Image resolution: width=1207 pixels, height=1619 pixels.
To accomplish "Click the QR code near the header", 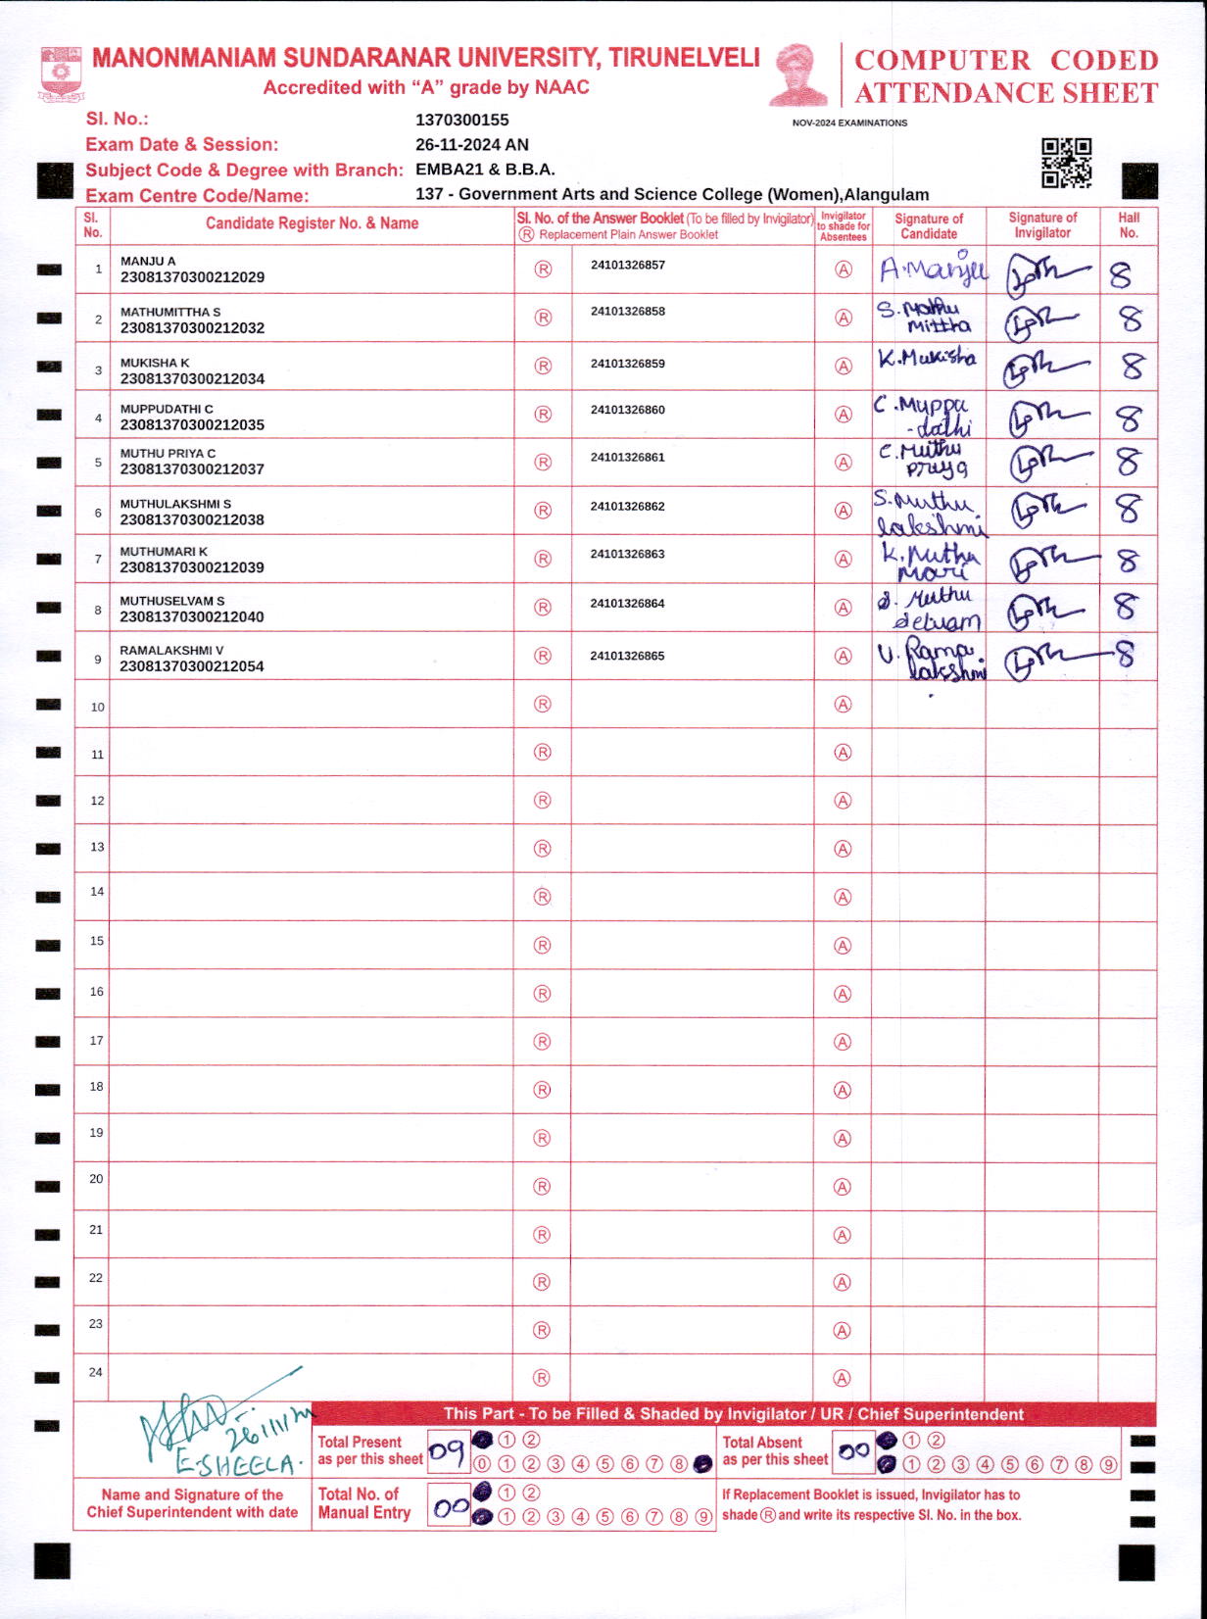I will (1066, 163).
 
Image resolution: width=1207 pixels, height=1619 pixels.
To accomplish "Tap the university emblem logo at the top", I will (61, 74).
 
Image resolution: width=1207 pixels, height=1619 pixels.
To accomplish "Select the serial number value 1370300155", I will (462, 121).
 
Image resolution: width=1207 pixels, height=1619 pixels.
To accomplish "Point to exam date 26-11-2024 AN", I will (472, 145).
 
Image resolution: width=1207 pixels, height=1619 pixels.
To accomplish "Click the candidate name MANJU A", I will (148, 262).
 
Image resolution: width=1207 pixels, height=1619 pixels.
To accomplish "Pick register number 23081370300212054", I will (192, 666).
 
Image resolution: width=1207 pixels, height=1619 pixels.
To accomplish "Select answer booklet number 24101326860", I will (627, 410).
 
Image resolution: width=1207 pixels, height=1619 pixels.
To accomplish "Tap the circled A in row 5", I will (843, 463).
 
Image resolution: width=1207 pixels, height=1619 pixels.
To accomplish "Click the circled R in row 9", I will (543, 657).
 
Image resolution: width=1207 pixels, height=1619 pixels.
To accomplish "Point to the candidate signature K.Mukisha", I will (927, 359).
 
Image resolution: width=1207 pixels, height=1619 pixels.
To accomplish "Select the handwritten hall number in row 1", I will (1120, 275).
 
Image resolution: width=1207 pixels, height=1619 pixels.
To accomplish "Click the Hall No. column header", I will (1129, 225).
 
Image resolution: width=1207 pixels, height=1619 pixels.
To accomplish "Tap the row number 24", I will (95, 1372).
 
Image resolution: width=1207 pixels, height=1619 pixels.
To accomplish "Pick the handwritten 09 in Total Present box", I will (447, 1452).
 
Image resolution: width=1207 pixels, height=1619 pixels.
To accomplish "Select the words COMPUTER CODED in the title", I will (1006, 61).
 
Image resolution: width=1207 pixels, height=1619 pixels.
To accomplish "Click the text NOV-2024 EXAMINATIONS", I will (849, 123).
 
